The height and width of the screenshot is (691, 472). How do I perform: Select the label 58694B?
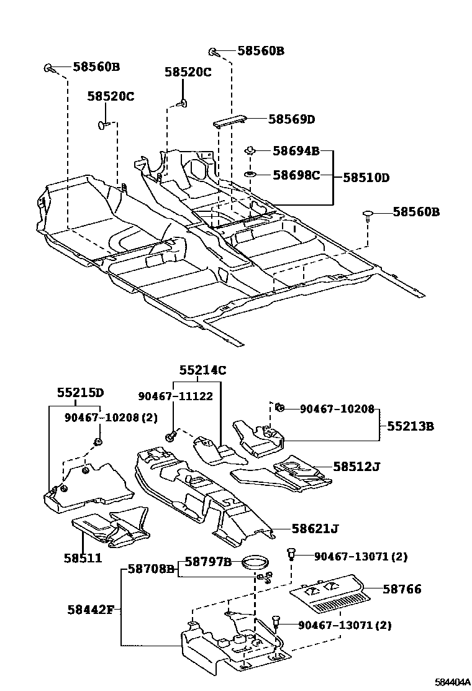pyautogui.click(x=296, y=151)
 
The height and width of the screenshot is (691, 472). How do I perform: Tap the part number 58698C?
pyautogui.click(x=296, y=175)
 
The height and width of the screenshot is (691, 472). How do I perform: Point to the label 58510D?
pyautogui.click(x=366, y=178)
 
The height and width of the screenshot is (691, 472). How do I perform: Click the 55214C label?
pyautogui.click(x=203, y=370)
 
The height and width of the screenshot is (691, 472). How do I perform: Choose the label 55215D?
pyautogui.click(x=80, y=393)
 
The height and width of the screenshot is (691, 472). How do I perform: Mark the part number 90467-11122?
pyautogui.click(x=175, y=396)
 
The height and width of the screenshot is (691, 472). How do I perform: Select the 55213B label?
pyautogui.click(x=411, y=426)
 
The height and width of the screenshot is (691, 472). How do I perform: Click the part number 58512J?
pyautogui.click(x=356, y=465)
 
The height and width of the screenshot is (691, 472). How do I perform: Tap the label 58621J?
pyautogui.click(x=315, y=529)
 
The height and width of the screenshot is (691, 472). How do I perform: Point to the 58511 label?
pyautogui.click(x=82, y=558)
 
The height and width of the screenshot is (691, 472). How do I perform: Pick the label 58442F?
pyautogui.click(x=90, y=608)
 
